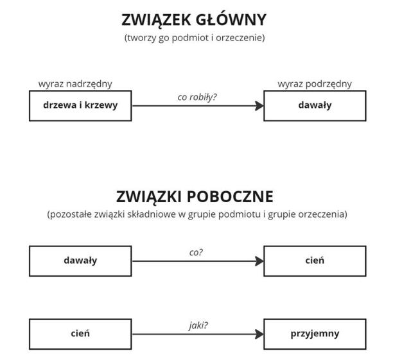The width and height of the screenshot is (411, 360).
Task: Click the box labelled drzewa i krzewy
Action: (80, 106)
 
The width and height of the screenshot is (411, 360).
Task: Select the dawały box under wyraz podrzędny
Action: (315, 106)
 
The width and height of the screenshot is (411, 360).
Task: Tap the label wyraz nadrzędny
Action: (75, 84)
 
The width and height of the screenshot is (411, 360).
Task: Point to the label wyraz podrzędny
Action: (315, 84)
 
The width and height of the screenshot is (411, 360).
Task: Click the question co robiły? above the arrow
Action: (197, 97)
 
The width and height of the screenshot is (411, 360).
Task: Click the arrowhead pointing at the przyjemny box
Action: (259, 334)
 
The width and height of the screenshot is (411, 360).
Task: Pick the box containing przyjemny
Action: (315, 334)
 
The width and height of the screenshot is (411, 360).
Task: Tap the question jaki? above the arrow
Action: (198, 325)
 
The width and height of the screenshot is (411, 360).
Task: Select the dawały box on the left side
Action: (80, 261)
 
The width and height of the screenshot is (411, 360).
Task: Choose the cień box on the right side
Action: (315, 261)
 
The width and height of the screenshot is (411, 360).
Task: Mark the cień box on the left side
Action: (80, 334)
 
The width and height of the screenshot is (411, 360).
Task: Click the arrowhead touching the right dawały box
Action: (259, 106)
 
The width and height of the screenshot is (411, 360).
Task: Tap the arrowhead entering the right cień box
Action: (259, 261)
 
